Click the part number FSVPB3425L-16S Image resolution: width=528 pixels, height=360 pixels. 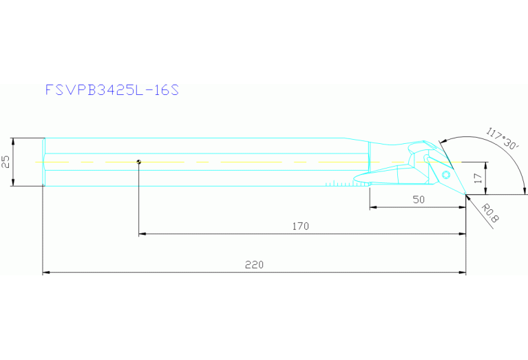tap(112, 90)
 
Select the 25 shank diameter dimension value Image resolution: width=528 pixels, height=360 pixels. tap(6, 162)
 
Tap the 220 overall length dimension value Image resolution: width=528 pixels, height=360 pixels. tap(254, 265)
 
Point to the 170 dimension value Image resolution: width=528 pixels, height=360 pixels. tap(300, 226)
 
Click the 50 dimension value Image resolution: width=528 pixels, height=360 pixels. tap(419, 200)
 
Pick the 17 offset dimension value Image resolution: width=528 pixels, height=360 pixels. tap(478, 178)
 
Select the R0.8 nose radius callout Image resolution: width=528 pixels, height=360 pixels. tap(489, 213)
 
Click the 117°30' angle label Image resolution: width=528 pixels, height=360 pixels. tap(502, 138)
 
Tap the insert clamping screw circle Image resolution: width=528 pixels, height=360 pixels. tap(446, 175)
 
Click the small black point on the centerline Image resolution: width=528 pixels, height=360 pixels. tap(139, 162)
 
